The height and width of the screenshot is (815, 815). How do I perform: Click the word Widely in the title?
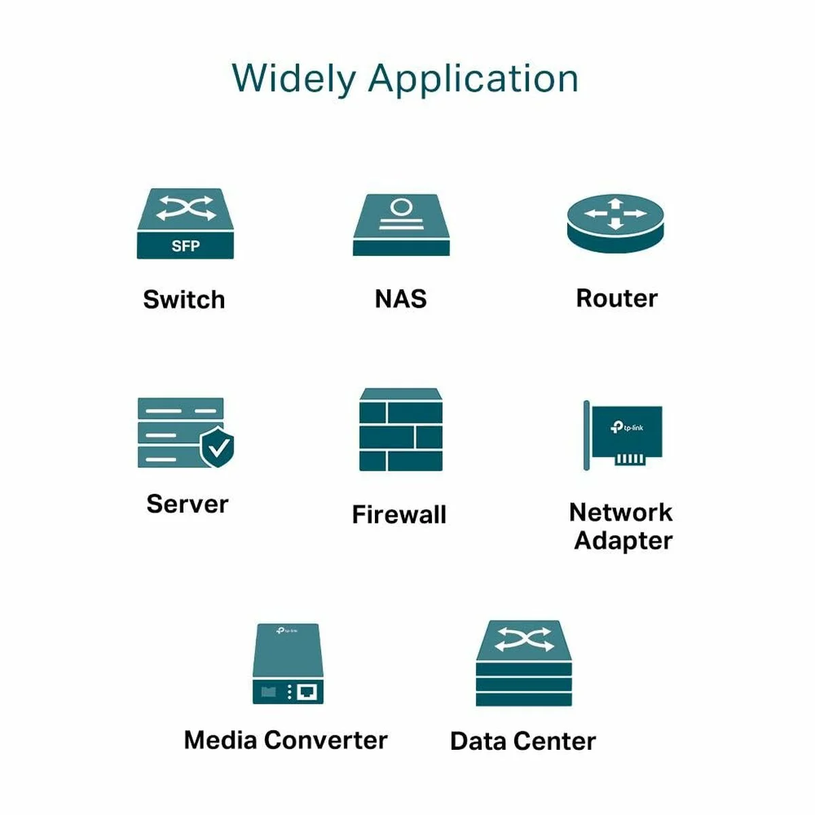(x=293, y=78)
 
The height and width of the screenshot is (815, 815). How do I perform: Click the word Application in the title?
(x=473, y=79)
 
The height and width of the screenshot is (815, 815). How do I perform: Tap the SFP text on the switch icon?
(x=185, y=246)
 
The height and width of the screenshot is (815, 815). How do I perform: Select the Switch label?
(x=184, y=300)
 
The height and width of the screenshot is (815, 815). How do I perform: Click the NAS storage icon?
(x=401, y=225)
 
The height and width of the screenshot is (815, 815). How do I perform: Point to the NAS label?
(x=401, y=299)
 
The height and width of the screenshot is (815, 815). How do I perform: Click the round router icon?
(x=615, y=224)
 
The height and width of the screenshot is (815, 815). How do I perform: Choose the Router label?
(x=617, y=298)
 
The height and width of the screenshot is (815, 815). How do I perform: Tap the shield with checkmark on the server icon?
(x=217, y=447)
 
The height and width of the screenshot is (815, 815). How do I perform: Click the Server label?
(x=187, y=504)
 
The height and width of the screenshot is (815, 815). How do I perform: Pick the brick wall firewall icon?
(x=401, y=431)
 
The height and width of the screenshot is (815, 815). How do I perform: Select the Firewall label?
(x=399, y=515)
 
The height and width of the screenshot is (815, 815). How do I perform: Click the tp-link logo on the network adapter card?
(x=627, y=427)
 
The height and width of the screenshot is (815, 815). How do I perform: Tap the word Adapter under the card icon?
(x=623, y=541)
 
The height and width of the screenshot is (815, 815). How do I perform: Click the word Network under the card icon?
(x=621, y=512)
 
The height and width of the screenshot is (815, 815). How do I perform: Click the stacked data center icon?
(x=524, y=664)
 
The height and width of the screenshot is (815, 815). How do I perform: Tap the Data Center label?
(x=523, y=741)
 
